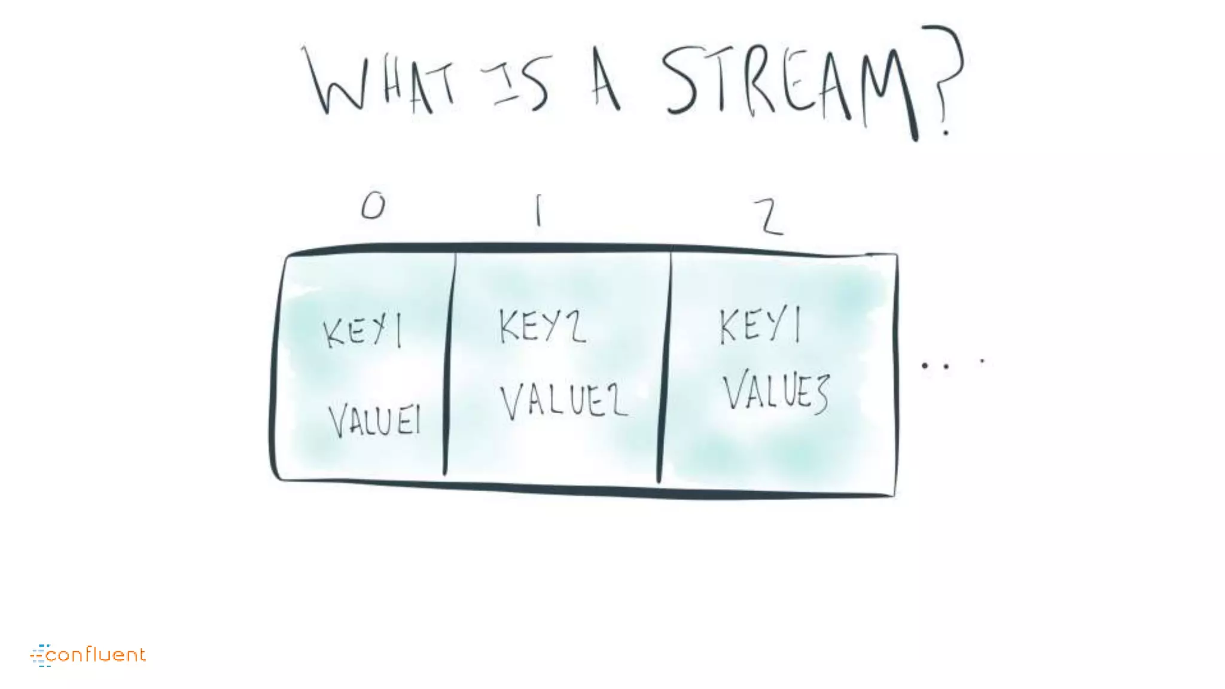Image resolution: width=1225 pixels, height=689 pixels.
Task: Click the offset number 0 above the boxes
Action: (373, 206)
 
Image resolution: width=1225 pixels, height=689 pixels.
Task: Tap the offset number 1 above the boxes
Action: (538, 210)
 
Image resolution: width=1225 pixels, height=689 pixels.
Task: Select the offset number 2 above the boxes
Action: (768, 217)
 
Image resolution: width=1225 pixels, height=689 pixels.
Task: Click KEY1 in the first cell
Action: (362, 331)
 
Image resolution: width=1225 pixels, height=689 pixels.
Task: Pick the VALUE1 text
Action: (375, 420)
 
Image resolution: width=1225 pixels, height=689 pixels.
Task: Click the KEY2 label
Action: (542, 327)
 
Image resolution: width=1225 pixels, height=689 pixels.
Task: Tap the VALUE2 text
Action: (563, 401)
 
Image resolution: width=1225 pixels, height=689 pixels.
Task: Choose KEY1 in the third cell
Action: (760, 326)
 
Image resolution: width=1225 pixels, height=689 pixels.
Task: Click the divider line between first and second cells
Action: (449, 365)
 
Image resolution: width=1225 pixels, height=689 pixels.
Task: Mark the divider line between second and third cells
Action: (664, 365)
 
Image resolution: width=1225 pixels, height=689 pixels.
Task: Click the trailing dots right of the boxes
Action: (951, 364)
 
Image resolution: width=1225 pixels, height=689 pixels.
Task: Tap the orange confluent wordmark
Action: (96, 655)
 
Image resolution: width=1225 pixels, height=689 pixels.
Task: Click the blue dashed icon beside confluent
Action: (41, 656)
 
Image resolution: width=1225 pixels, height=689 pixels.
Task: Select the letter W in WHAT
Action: (335, 83)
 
